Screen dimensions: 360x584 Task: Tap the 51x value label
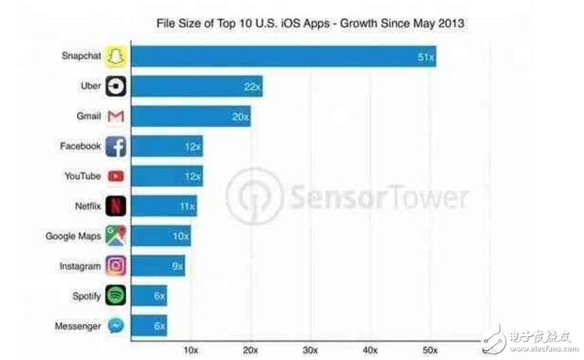tap(425, 57)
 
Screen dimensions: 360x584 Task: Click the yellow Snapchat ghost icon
tap(115, 57)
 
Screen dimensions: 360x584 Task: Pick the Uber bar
tap(197, 87)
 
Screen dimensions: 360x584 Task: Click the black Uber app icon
tap(115, 87)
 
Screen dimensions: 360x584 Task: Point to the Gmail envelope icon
tap(115, 117)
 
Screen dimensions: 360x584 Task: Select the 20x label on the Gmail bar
tap(240, 117)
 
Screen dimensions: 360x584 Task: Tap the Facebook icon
tap(115, 147)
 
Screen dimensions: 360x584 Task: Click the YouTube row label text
tap(83, 176)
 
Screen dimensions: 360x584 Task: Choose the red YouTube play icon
tap(115, 176)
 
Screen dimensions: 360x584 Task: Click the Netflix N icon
tap(115, 206)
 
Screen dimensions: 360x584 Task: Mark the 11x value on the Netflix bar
tap(186, 206)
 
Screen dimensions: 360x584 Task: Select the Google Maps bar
tap(161, 236)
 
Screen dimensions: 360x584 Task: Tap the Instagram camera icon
tap(115, 266)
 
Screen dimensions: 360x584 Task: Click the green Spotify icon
tap(115, 296)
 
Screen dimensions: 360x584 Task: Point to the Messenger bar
tap(149, 326)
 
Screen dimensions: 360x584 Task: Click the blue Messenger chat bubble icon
tap(115, 326)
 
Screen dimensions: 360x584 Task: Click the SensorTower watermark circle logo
tap(254, 196)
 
